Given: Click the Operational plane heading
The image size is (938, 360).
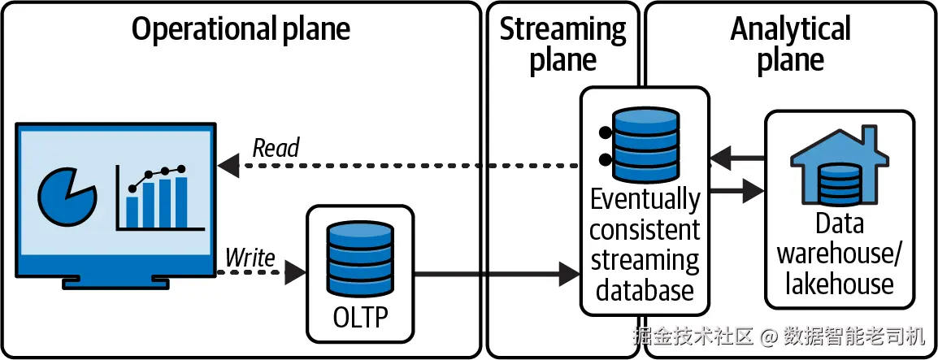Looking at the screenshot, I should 241,29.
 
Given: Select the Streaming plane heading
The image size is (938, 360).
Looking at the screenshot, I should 562,45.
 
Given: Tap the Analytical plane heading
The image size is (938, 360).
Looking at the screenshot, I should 790,45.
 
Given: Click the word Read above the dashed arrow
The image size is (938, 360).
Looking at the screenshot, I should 276,148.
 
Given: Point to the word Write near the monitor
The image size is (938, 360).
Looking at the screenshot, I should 250,258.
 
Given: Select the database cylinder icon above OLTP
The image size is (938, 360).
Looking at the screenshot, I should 360,258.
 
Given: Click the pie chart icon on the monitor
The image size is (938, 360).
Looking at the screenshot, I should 67,197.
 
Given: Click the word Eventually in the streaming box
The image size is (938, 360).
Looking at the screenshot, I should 645,199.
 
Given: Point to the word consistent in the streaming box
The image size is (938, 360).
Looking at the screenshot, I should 645,230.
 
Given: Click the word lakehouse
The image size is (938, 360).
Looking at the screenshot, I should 839,284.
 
